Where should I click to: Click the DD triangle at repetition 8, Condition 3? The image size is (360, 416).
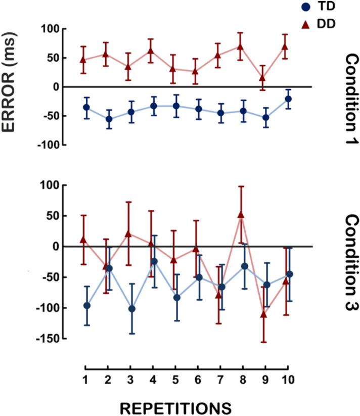241,214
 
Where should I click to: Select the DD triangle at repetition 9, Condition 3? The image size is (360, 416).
263,314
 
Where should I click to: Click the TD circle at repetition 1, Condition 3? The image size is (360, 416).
86,305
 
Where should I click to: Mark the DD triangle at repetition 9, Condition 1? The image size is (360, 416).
263,78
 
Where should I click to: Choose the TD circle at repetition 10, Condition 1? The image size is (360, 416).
288,99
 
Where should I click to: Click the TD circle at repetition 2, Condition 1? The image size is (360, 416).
109,119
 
